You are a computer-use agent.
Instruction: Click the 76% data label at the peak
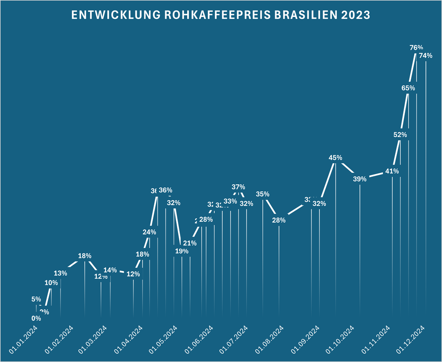click(416, 47)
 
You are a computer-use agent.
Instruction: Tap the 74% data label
click(425, 56)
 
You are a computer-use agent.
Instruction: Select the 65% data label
click(408, 88)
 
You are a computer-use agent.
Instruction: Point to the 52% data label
click(400, 135)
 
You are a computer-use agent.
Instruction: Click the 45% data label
click(335, 158)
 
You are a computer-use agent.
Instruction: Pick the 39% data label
click(360, 179)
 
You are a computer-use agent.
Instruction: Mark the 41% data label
click(392, 171)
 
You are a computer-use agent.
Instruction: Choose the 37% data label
click(238, 187)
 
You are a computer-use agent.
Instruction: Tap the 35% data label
click(262, 194)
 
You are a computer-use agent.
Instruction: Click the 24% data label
click(149, 232)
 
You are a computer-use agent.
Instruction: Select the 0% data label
click(36, 318)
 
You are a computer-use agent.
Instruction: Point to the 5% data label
click(36, 299)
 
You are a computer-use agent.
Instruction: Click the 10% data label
click(51, 283)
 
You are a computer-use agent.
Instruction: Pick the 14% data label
click(110, 270)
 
